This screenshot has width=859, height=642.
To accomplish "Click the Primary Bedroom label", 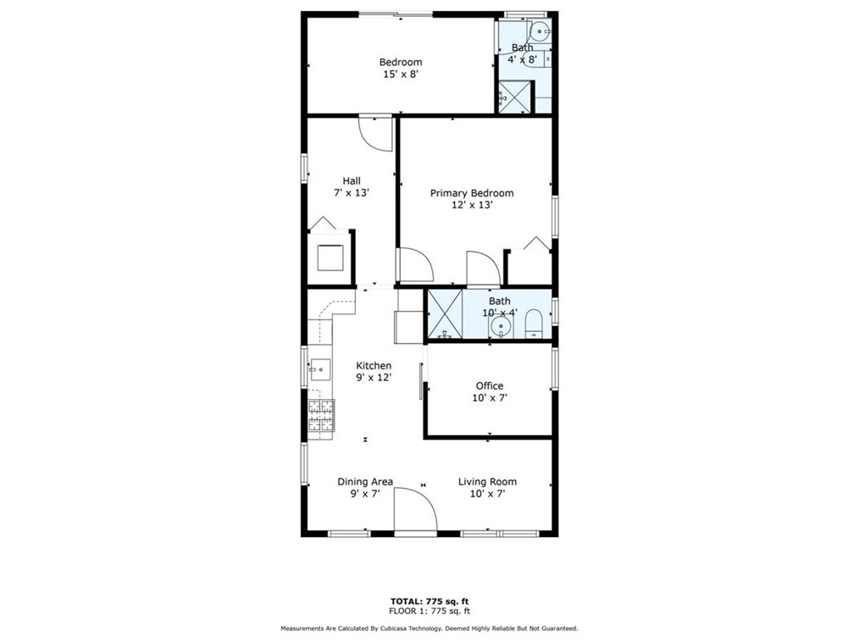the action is coord(472,193).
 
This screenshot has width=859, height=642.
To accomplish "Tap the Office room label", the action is coord(489,385).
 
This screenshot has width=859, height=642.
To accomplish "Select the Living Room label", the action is coord(487,481).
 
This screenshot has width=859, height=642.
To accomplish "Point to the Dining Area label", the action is coord(365,481).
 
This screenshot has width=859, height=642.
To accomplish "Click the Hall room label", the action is coord(352,180).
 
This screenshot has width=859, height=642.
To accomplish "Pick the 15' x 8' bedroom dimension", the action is coord(401,74).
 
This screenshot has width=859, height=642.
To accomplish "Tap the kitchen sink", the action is coord(320,369).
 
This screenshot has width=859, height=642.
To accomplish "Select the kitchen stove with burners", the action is coord(321,415).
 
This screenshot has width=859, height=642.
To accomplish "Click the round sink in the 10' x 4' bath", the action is coord(500,328).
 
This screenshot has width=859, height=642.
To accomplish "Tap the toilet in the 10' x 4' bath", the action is coord(533,324).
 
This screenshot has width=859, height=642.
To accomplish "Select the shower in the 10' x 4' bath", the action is coord(445,314).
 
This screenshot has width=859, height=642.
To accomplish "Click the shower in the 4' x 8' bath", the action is coord(514,97).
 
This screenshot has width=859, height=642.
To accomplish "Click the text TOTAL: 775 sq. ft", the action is coord(429,601).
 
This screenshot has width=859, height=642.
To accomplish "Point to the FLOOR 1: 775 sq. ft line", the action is coord(429,611).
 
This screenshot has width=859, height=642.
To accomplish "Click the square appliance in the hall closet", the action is coord(331,258).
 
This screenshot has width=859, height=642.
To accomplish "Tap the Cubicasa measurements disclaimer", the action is coord(429,628).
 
